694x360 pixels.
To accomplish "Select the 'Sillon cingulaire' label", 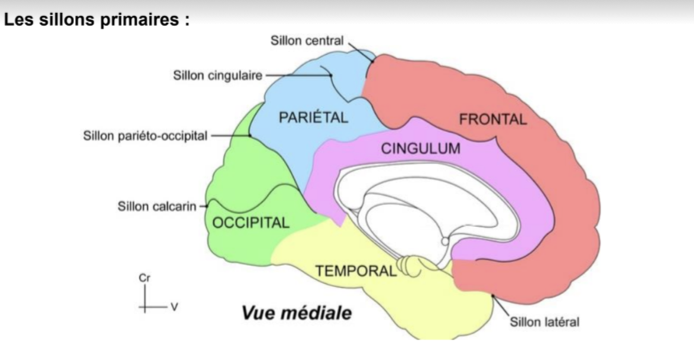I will (216, 75).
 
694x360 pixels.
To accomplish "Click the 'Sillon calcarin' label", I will (157, 205).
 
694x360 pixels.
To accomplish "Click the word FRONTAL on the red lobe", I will (492, 119).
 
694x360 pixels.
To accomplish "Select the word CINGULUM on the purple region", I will (420, 148).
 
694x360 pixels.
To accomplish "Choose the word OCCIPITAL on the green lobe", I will (251, 223).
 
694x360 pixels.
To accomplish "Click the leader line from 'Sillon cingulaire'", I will (296, 74).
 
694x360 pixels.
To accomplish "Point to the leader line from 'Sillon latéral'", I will (502, 308).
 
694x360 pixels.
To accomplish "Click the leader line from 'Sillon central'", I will (361, 49).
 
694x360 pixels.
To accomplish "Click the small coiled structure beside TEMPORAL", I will (414, 265).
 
